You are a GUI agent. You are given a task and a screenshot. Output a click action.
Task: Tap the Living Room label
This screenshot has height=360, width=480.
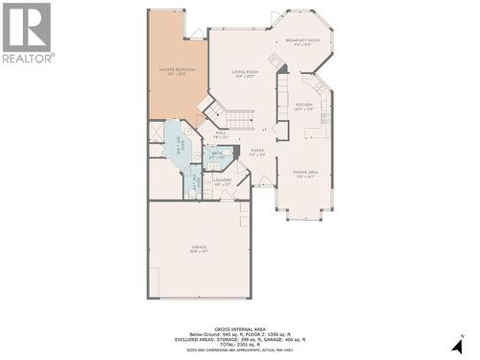click(247, 73)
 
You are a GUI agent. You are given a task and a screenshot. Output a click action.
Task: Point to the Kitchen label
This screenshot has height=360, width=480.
click(304, 107)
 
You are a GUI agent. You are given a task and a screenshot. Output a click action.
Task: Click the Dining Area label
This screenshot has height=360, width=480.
click(304, 176)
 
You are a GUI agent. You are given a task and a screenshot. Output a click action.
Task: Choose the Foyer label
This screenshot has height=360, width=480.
click(257, 152)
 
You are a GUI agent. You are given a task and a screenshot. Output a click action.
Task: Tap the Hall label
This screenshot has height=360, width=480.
click(220, 135)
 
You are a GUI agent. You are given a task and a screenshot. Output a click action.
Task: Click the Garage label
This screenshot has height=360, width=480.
click(199, 249)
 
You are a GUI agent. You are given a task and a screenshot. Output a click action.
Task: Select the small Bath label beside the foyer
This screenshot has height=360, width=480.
click(217, 156)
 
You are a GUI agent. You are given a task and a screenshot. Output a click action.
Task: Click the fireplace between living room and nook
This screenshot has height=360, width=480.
click(276, 60)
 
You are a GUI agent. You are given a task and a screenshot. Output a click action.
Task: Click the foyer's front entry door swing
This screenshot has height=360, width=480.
click(266, 180)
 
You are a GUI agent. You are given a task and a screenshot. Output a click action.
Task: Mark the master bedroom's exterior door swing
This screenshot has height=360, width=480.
click(197, 34)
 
